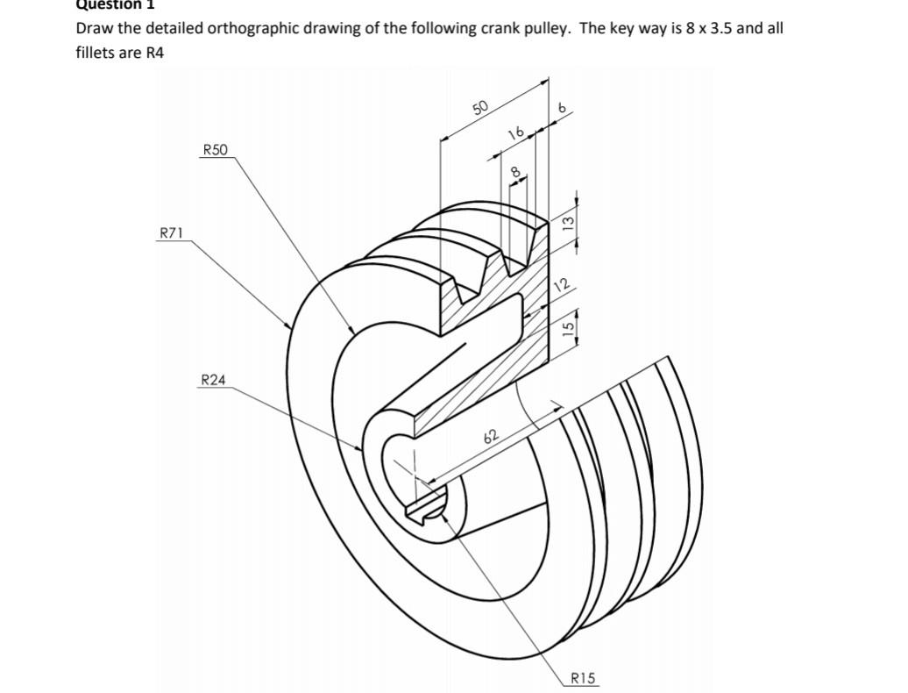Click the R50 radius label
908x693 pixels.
215,150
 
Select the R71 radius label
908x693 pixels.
171,233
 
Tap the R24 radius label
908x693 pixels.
213,380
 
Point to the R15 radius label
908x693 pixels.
583,677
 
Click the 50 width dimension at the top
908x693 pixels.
479,108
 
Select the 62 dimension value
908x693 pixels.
490,436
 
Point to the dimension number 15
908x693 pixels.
567,327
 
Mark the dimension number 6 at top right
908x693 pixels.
564,108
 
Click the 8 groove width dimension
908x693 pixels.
516,170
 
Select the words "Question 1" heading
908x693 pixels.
113,4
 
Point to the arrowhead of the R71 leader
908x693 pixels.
290,328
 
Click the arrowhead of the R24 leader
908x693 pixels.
361,450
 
